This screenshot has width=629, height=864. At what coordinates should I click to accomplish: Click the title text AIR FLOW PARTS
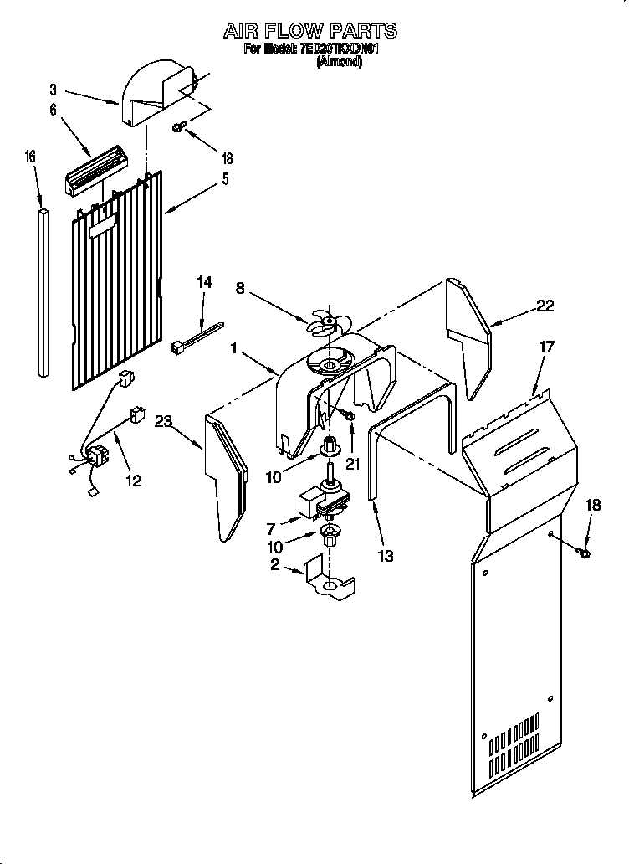point(310,31)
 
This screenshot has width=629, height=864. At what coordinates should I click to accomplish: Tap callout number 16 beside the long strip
point(30,157)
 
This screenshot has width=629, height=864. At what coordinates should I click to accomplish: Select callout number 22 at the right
point(545,306)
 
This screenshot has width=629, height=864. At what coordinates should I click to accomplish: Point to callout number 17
point(546,346)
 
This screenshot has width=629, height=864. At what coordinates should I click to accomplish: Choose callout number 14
point(204,284)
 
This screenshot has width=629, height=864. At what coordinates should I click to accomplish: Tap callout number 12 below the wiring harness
point(132,480)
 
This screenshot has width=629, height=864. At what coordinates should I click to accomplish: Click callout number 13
point(385,555)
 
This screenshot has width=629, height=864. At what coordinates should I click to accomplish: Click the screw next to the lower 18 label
point(583,553)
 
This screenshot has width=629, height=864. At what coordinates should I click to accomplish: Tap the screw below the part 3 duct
point(179,127)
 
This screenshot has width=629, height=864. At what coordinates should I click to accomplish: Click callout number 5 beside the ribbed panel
point(224,178)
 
